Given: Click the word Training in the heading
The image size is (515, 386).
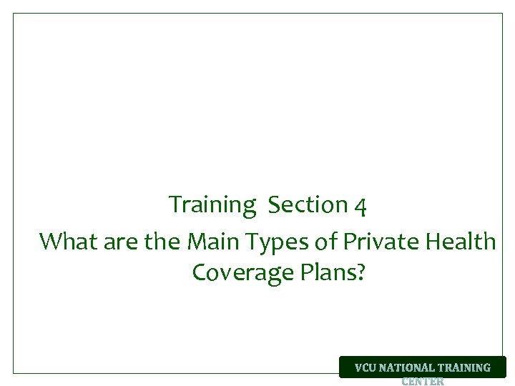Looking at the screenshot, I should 212,205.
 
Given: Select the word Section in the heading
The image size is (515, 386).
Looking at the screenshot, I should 308,205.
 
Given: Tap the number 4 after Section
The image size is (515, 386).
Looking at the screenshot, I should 361,206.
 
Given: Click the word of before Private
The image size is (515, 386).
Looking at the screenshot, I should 326,242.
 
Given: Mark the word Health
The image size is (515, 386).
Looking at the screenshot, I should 461,242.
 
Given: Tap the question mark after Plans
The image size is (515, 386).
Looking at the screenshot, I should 360,272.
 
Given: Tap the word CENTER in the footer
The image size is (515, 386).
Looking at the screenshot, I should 423,381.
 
